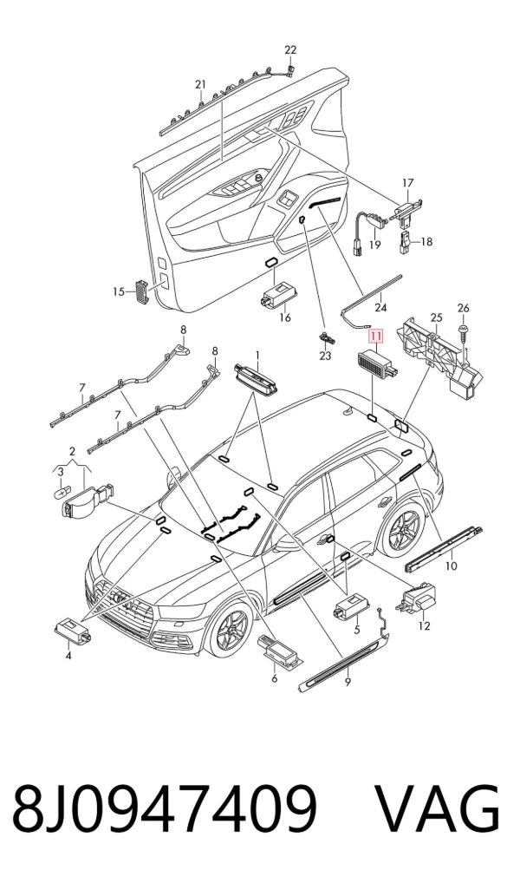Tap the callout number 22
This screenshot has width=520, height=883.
click(289, 50)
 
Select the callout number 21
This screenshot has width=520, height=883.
click(200, 84)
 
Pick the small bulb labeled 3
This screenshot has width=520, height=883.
click(60, 493)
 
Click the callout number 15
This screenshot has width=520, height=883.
click(118, 291)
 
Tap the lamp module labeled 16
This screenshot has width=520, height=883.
click(276, 296)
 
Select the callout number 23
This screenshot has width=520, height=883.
click(325, 356)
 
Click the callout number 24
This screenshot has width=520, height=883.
click(381, 307)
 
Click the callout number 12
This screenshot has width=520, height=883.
click(425, 625)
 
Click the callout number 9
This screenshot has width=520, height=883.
click(348, 682)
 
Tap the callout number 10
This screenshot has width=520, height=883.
click(452, 566)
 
